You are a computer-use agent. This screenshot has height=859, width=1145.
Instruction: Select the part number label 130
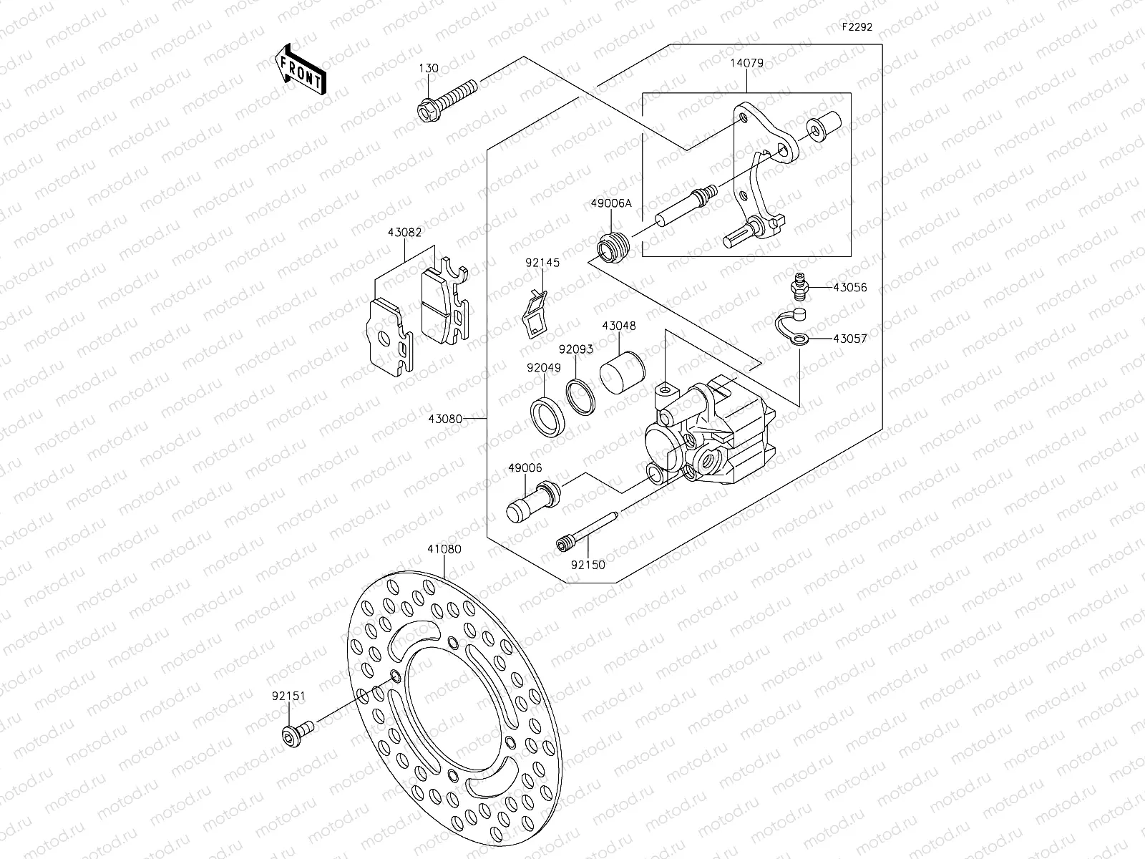coord(429,69)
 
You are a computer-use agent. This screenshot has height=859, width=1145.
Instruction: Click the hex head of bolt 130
coord(427,112)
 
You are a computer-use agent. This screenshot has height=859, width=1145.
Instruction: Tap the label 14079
coord(746,63)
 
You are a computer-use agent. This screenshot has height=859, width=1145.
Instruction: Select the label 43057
coord(849,339)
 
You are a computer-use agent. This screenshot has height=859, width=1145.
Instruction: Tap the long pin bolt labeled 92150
coord(586,532)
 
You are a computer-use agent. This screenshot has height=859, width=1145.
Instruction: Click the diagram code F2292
coord(856,28)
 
